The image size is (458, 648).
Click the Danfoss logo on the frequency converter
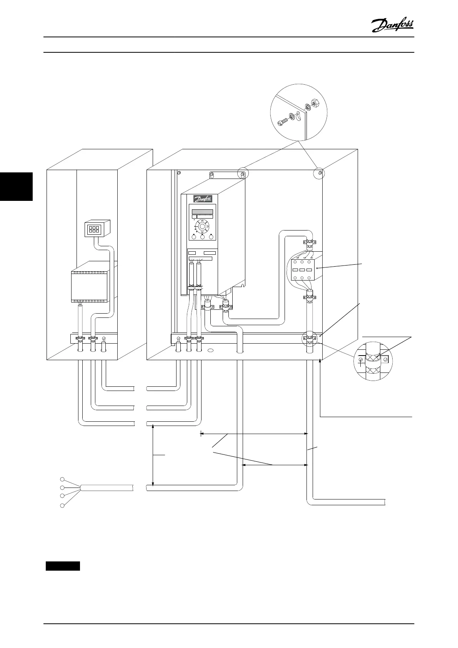pos(203,199)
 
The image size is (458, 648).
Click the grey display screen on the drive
pos(202,212)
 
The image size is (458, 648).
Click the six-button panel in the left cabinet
pos(94,229)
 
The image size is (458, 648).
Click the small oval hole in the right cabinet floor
pos(210,351)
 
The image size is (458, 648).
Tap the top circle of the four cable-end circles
pos(62,479)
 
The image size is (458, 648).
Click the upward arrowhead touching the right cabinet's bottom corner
pos(320,361)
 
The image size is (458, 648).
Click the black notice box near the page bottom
pos(63,566)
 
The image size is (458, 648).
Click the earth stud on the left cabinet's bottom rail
pos(103,339)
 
